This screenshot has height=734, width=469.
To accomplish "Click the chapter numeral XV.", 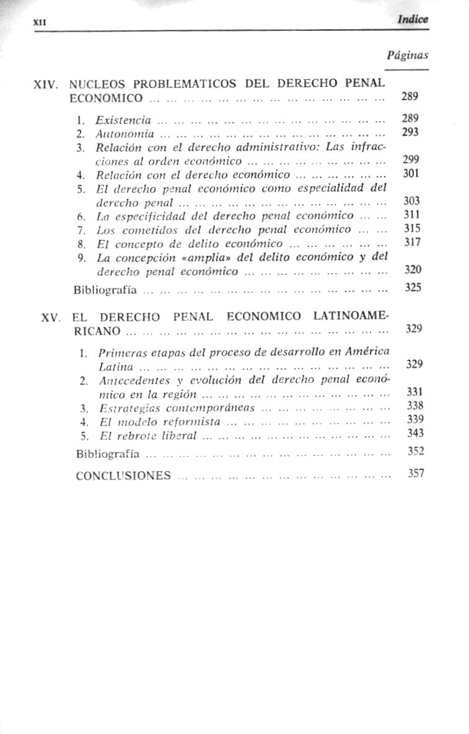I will pyautogui.click(x=50, y=317).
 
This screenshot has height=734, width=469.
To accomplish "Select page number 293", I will pyautogui.click(x=410, y=131).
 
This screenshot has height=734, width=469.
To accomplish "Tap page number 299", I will pyautogui.click(x=411, y=159).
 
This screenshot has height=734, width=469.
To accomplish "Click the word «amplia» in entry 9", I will pyautogui.click(x=208, y=257).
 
